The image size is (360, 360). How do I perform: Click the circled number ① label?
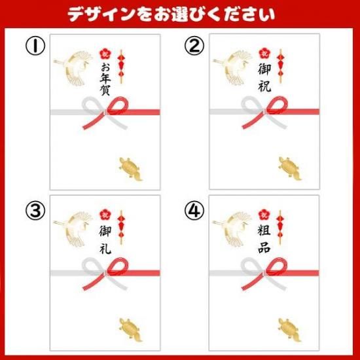35,46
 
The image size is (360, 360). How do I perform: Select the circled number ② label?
194,46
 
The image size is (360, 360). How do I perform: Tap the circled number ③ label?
35,210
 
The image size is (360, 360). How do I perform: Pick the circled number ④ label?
194,210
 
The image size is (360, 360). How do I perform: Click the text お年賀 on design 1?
105,79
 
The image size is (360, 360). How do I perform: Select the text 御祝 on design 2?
264,78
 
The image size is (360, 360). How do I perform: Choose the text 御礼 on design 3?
105,240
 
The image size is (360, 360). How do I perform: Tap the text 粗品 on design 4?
264,239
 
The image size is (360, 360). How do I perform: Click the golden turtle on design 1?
130,169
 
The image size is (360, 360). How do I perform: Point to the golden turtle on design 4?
289,330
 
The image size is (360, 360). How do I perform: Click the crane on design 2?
232,67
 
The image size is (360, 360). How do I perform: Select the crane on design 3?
73,229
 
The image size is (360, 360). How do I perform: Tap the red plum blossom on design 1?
105,54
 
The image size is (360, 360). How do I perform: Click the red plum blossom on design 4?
264,215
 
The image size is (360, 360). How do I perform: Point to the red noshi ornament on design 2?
280,65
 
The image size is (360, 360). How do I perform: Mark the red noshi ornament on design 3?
121,227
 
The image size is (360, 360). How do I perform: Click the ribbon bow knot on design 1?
105,113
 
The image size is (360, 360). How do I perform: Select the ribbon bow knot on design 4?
264,273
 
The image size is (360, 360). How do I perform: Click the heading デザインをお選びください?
171,14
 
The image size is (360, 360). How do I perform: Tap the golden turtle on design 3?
130,330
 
